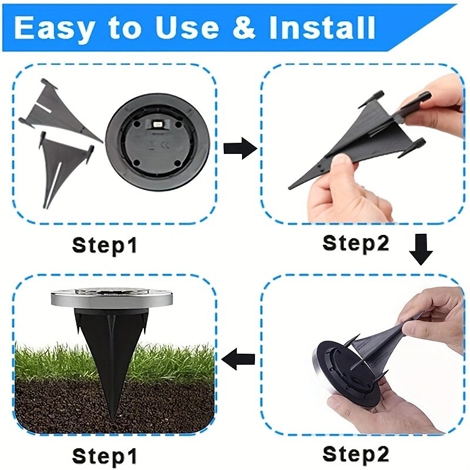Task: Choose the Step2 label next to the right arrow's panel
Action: [355, 242]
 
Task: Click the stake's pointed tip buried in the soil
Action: [112, 421]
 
